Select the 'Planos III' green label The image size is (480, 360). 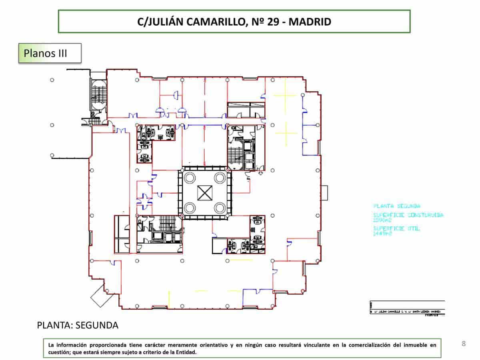coord(50,53)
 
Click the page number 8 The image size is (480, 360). coord(464,344)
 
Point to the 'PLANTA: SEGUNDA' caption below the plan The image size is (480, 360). coord(78,325)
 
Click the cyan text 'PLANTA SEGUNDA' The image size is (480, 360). coord(396,206)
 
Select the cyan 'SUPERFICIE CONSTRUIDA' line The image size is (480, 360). coord(408,215)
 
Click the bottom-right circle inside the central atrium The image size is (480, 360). coord(219,208)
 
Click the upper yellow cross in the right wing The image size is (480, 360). coord(285,95)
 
